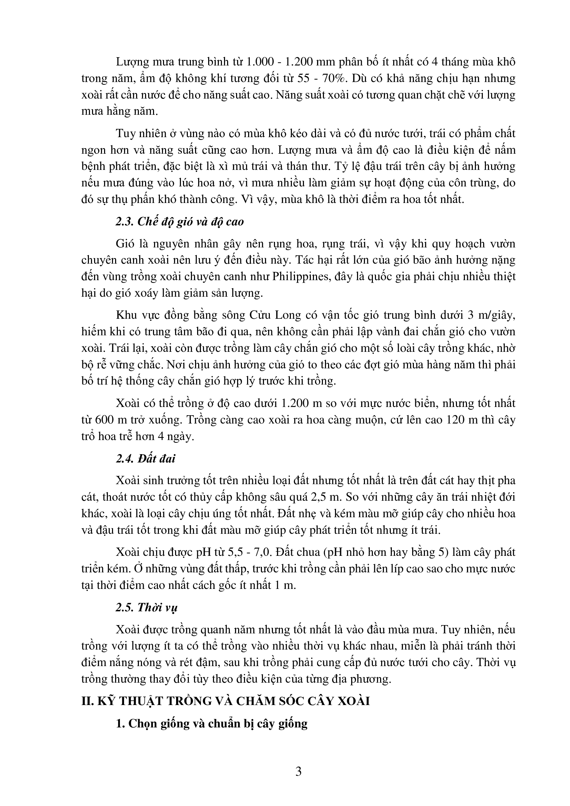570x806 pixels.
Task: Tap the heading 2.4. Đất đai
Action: click(x=145, y=458)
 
